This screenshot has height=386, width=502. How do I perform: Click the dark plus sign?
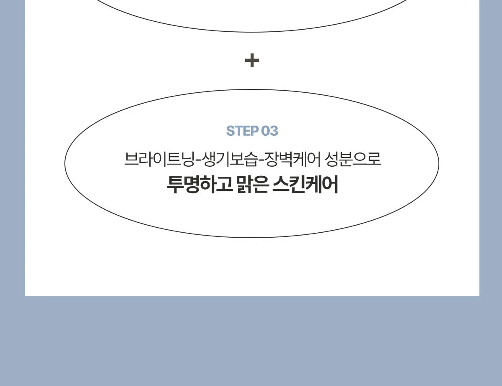[252, 61]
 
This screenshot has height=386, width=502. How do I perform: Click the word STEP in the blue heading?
[242, 131]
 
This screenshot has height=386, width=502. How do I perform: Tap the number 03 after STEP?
[269, 131]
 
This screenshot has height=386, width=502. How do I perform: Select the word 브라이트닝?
[159, 159]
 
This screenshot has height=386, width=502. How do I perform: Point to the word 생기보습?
[229, 159]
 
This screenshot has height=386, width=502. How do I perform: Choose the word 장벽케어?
[293, 159]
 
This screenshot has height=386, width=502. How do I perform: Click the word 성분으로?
[353, 159]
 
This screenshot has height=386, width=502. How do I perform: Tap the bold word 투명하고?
[200, 185]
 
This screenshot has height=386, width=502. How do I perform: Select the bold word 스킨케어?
[305, 185]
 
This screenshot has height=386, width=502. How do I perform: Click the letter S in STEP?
[230, 131]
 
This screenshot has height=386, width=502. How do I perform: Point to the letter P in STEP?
[254, 131]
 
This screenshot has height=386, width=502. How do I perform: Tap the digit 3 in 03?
[274, 131]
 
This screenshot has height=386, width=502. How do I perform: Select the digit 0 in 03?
[266, 131]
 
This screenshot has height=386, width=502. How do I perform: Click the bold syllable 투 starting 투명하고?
[175, 185]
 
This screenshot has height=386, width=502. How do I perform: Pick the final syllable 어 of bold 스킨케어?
[330, 185]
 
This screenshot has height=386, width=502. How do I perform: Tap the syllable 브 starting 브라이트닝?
[131, 160]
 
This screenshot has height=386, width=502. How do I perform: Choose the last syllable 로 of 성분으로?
[374, 160]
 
